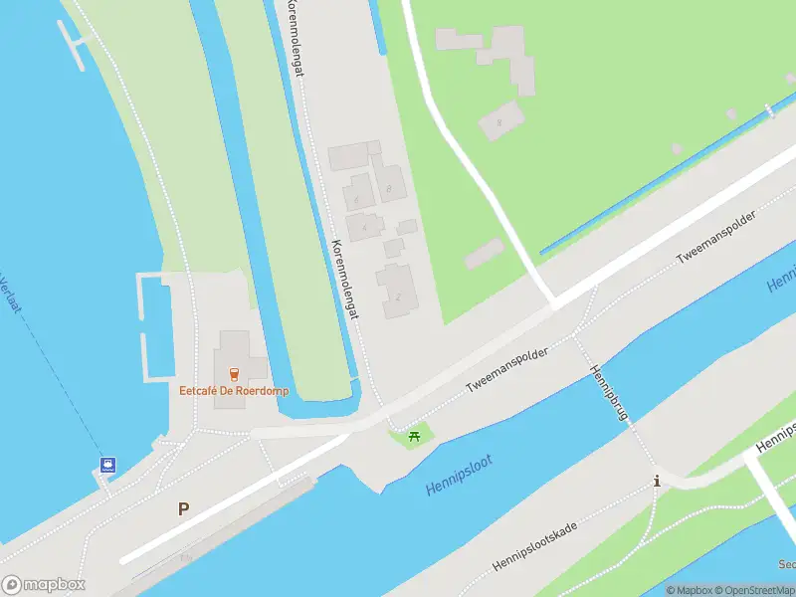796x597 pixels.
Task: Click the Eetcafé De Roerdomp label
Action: pos(234,391)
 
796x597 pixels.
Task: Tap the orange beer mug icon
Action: pos(234,374)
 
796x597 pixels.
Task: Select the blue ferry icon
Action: pos(106,464)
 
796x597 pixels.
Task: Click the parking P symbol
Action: pos(183,508)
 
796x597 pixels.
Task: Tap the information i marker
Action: pos(656,481)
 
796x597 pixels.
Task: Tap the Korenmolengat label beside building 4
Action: pos(344,279)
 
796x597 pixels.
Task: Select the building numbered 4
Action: pos(364,227)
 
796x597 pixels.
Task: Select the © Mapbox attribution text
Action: pos(688,590)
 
